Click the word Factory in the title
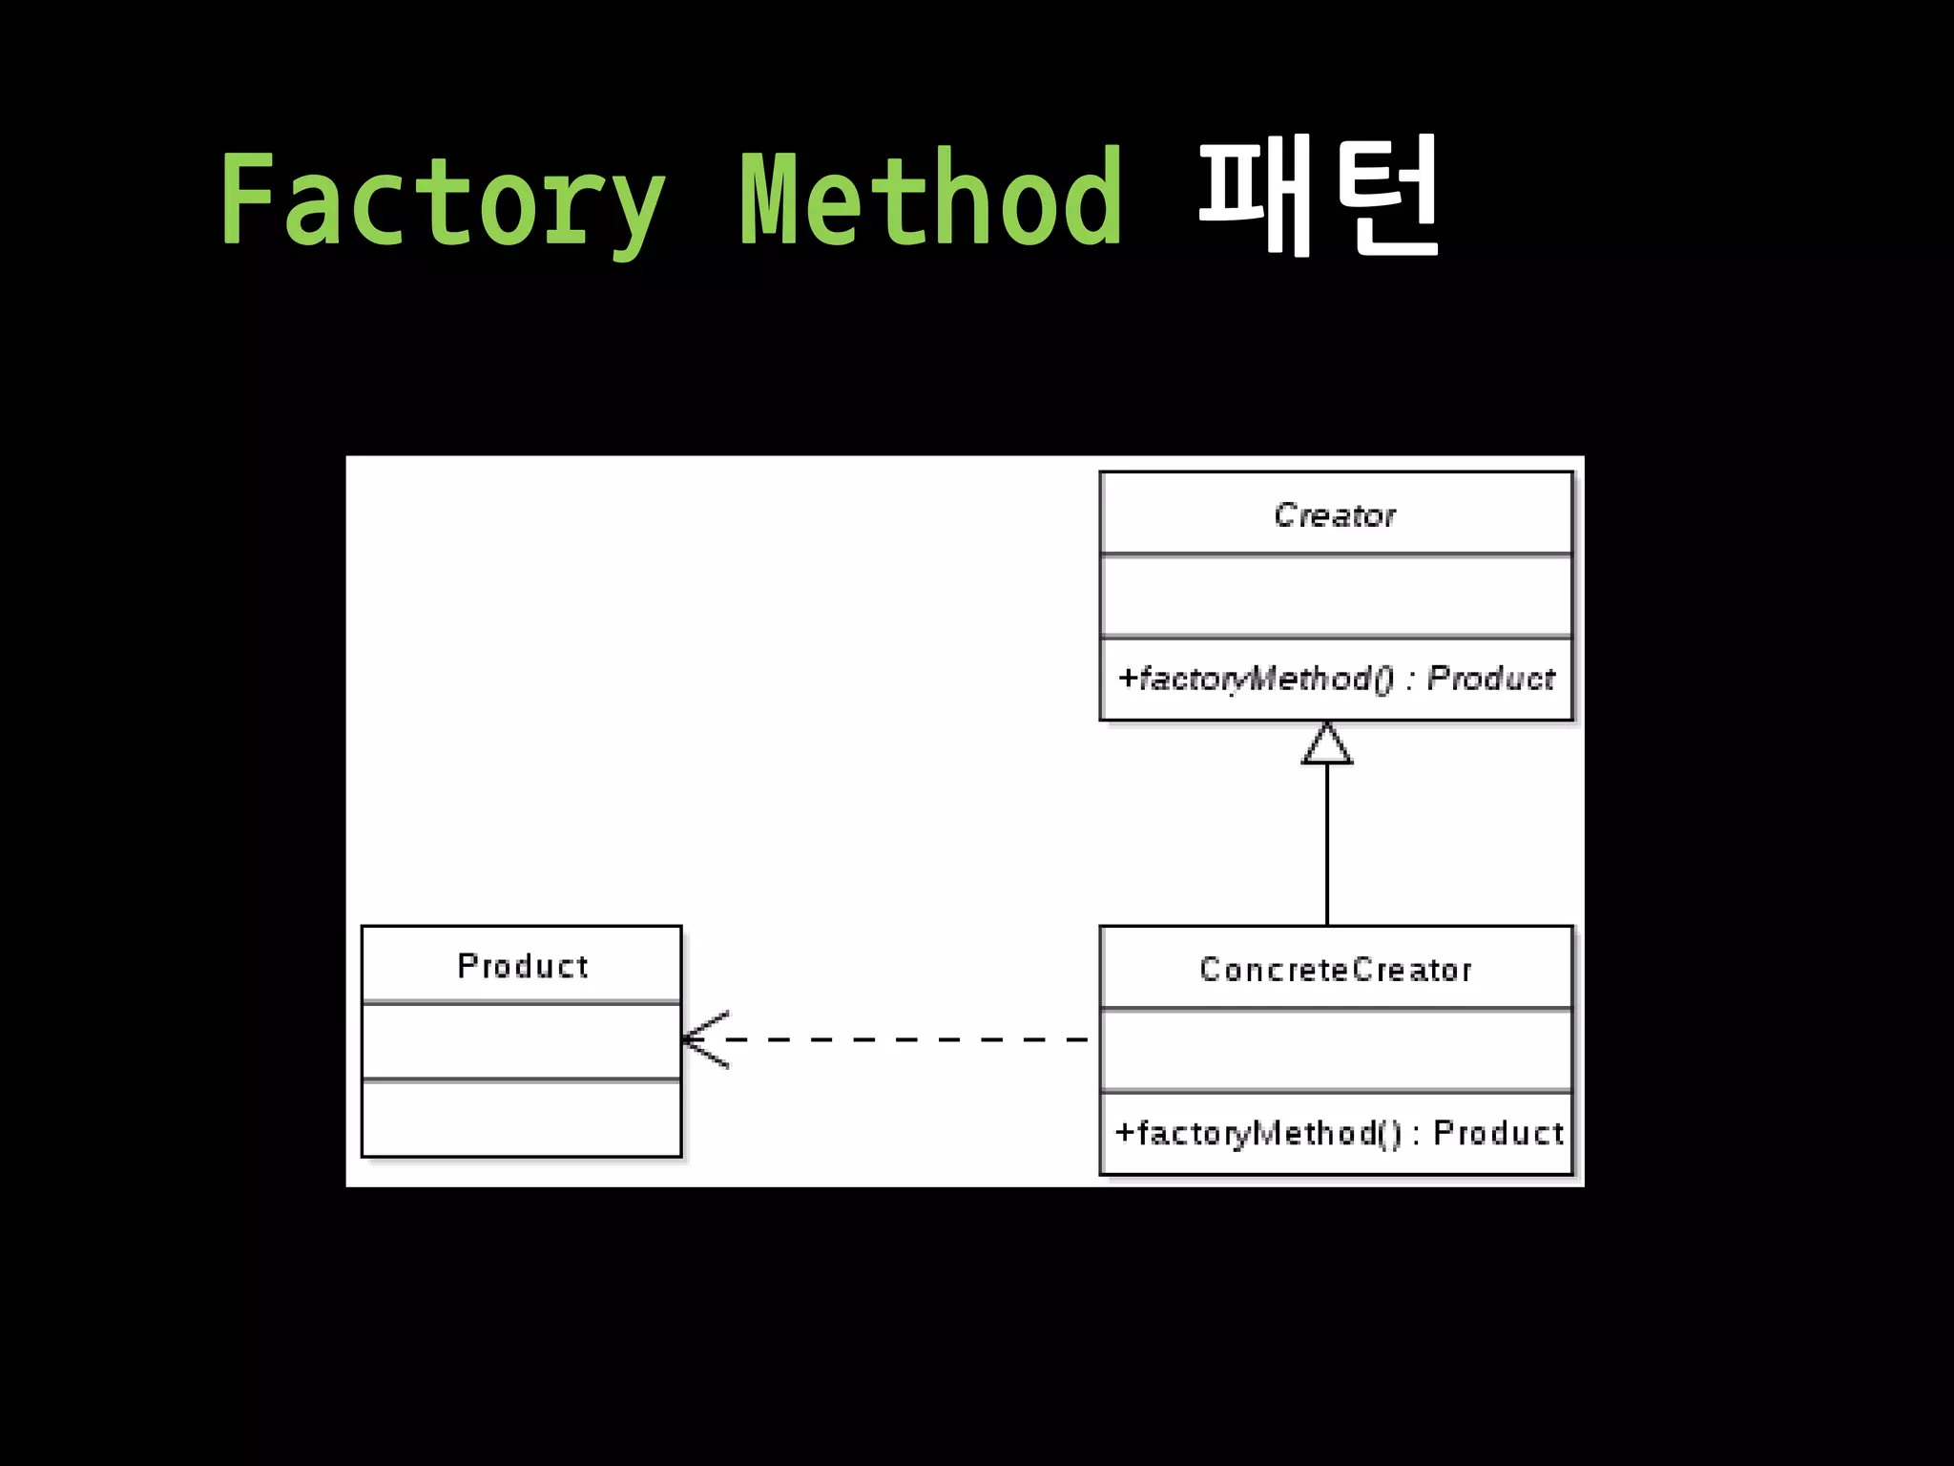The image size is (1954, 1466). tap(442, 200)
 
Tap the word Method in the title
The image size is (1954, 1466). tap(932, 199)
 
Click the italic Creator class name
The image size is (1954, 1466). tap(1335, 515)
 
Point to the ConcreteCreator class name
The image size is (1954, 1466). tap(1335, 970)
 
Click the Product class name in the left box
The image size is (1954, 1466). tap(523, 966)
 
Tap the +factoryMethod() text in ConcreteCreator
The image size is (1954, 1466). tap(1258, 1133)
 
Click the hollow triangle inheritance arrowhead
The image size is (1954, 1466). tap(1327, 744)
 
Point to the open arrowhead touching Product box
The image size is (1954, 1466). tap(704, 1039)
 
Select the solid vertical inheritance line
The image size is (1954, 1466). tap(1327, 845)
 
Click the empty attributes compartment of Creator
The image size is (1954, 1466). tap(1335, 596)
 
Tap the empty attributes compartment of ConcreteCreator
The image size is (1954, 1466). tap(1335, 1050)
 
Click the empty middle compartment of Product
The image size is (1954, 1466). tap(521, 1041)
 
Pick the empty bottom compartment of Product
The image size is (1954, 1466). tap(521, 1118)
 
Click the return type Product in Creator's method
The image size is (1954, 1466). tap(1491, 679)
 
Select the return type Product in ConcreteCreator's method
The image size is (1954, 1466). tap(1498, 1133)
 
